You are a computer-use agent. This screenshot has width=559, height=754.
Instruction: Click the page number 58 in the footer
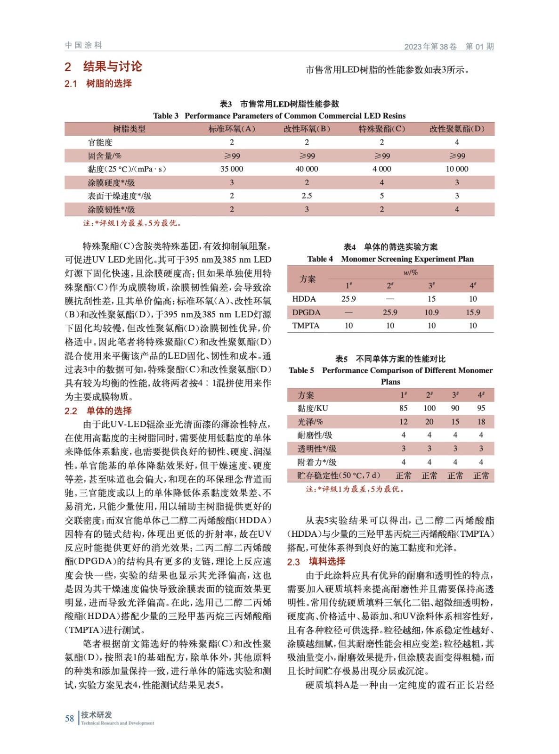pyautogui.click(x=69, y=718)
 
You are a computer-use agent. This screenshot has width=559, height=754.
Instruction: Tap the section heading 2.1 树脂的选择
pyautogui.click(x=98, y=83)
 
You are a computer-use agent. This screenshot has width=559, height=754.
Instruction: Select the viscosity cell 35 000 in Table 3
pyautogui.click(x=232, y=169)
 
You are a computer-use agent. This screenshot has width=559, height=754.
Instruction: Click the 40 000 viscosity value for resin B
pyautogui.click(x=307, y=169)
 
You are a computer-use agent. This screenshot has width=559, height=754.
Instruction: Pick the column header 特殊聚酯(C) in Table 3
pyautogui.click(x=381, y=129)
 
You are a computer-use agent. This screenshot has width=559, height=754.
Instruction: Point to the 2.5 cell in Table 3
pyautogui.click(x=307, y=196)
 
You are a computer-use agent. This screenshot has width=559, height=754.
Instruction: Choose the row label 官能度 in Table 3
pyautogui.click(x=100, y=142)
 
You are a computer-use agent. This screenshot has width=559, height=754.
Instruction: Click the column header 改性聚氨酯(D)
pyautogui.click(x=457, y=129)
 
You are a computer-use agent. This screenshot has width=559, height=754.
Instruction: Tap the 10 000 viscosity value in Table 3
pyautogui.click(x=457, y=169)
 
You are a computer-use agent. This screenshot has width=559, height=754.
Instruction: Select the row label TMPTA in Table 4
pyautogui.click(x=306, y=326)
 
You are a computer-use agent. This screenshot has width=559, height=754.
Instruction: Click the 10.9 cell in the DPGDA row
pyautogui.click(x=431, y=312)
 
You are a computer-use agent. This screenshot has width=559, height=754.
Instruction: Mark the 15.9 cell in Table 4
pyautogui.click(x=473, y=312)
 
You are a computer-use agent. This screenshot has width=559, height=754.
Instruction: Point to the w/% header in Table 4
pyautogui.click(x=411, y=272)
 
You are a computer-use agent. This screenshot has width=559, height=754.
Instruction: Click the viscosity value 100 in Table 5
pyautogui.click(x=429, y=408)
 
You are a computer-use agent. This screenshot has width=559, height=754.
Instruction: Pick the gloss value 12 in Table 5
pyautogui.click(x=404, y=422)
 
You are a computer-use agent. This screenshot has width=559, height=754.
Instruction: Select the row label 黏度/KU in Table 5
pyautogui.click(x=313, y=408)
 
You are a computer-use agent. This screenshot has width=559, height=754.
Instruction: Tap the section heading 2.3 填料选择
pyautogui.click(x=316, y=561)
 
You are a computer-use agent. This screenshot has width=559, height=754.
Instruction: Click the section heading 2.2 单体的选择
pyautogui.click(x=98, y=411)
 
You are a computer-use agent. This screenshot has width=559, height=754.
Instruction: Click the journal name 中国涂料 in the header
pyautogui.click(x=83, y=45)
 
